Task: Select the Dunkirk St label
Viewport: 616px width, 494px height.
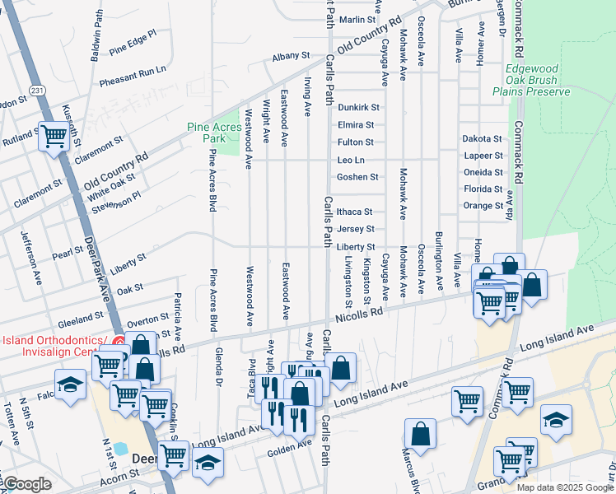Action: coord(358,107)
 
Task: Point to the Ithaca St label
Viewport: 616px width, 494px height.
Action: coord(355,212)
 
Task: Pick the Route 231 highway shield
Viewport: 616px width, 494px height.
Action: coord(35,89)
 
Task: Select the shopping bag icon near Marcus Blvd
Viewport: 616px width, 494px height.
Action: coord(421,433)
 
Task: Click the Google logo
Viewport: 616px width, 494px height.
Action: coord(27,484)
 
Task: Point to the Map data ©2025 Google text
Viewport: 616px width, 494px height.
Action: coord(565,487)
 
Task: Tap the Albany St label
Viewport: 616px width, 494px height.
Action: coord(291,56)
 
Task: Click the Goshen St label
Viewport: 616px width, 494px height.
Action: coord(357,177)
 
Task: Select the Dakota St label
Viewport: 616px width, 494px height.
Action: coord(482,139)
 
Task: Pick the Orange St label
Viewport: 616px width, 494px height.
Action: coord(483,206)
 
